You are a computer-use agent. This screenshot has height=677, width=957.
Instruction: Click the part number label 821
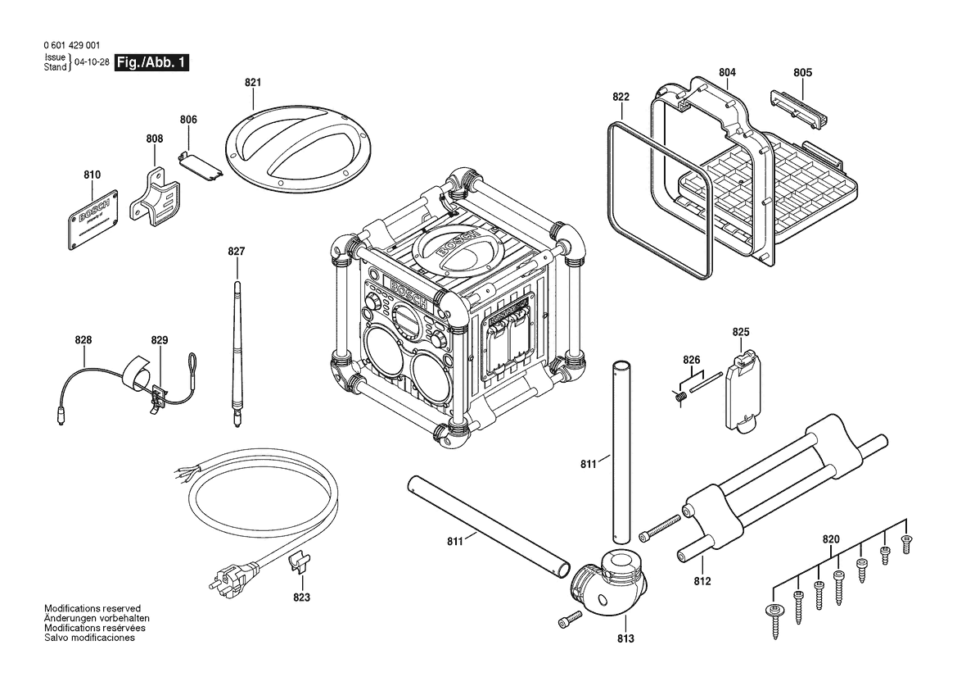pos(252,83)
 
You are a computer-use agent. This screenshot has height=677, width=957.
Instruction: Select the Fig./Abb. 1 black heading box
pos(152,62)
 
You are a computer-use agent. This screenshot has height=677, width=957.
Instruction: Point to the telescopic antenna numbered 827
pos(237,352)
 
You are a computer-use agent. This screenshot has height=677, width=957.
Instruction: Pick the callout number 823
pos(302,597)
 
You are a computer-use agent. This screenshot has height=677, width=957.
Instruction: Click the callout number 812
pos(702,581)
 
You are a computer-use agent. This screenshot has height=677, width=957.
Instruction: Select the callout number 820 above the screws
pos(831,538)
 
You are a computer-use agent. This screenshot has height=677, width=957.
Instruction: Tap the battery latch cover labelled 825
pos(743,387)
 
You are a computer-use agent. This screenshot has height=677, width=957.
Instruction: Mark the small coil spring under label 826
pos(679,397)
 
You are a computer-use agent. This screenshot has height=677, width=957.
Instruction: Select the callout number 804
pos(727,73)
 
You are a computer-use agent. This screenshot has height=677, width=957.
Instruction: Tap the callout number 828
pos(83,340)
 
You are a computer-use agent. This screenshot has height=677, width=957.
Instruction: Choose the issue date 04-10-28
pos(91,63)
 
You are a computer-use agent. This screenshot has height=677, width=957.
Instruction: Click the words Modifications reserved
pos(93,608)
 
